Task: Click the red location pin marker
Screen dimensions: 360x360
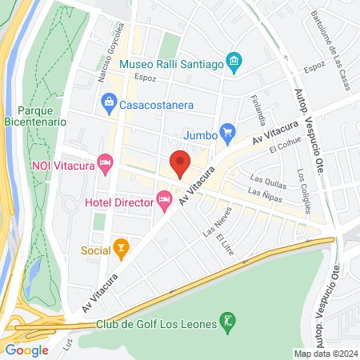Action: (x=181, y=163)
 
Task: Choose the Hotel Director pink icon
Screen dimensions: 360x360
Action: (x=165, y=198)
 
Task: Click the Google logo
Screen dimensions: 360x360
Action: (x=26, y=350)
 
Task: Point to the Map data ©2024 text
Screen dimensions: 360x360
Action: (x=325, y=354)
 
